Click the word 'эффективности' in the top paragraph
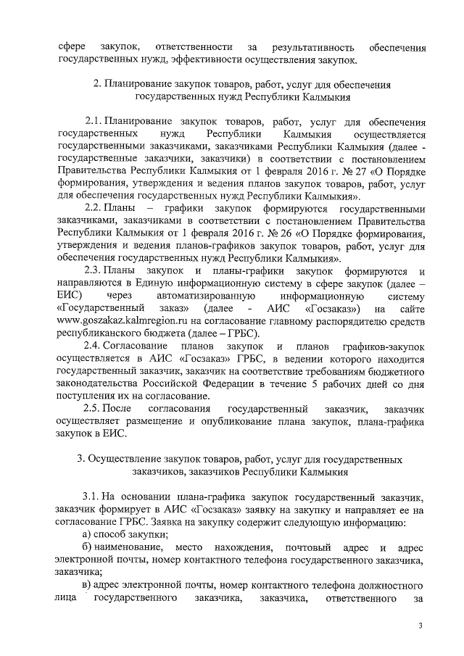pos(212,54)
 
